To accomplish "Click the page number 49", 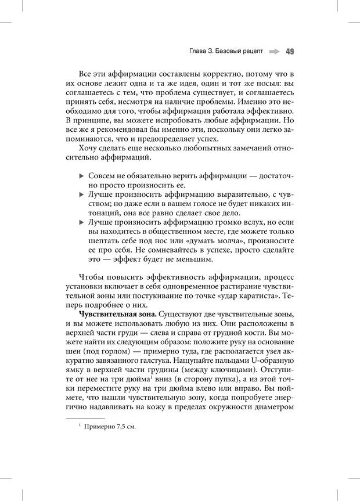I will click(x=289, y=51).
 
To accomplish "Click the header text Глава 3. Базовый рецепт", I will click(x=226, y=51).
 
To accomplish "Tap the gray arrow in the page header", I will click(x=274, y=51).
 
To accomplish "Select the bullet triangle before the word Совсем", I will click(x=81, y=175).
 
